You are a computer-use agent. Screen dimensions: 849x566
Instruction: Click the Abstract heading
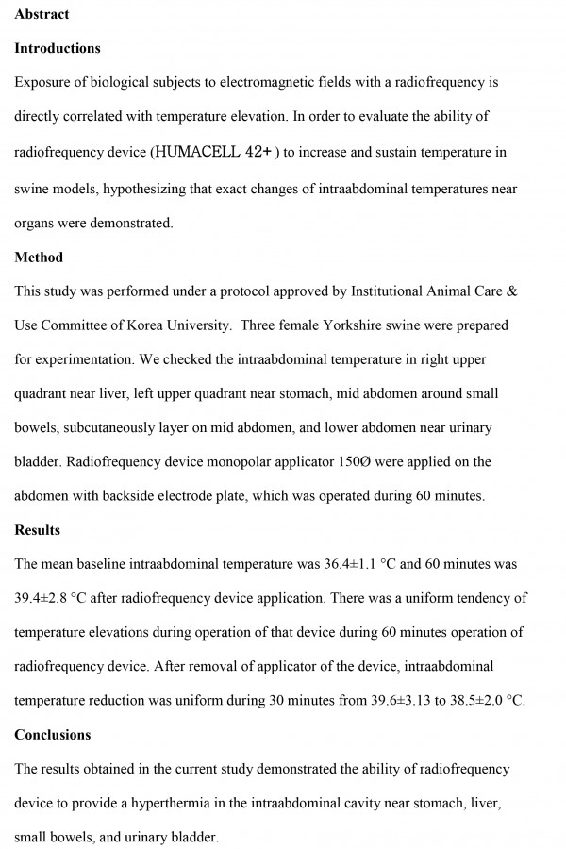tap(42, 14)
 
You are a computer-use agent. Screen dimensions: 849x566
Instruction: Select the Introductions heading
tap(58, 48)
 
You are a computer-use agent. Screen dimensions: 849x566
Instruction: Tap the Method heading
tap(39, 257)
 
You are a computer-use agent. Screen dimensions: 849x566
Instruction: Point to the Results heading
tap(38, 530)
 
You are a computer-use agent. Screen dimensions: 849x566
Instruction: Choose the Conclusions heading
tap(53, 735)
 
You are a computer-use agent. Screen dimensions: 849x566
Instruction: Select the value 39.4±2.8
tap(47, 598)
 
